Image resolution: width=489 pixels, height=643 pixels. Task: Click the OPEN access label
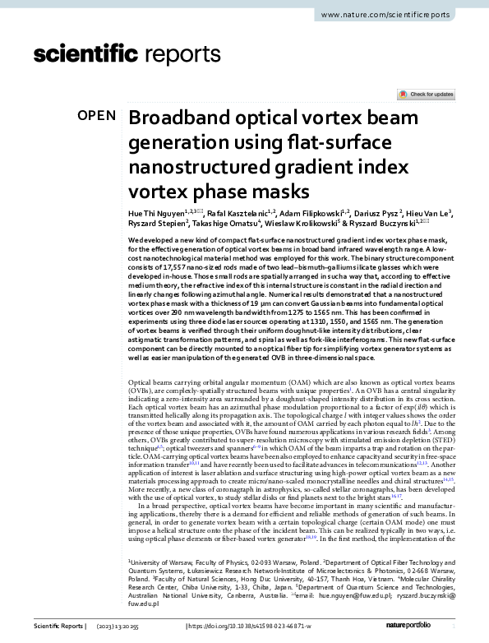pos(96,115)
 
